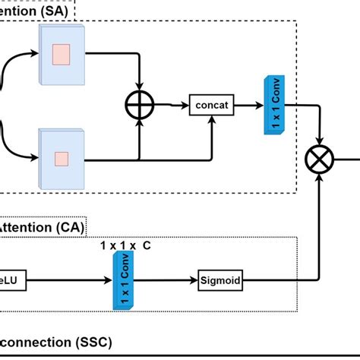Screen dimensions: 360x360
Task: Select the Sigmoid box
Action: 219,280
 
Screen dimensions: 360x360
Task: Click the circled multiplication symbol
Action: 317,160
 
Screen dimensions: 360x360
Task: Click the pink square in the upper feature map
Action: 61,55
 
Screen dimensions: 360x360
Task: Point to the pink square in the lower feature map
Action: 61,158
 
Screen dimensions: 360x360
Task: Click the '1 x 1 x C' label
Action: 131,247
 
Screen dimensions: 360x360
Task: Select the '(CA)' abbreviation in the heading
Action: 70,226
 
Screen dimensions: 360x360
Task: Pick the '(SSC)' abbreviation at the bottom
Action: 96,343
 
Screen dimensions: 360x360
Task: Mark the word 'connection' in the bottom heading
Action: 38,343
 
